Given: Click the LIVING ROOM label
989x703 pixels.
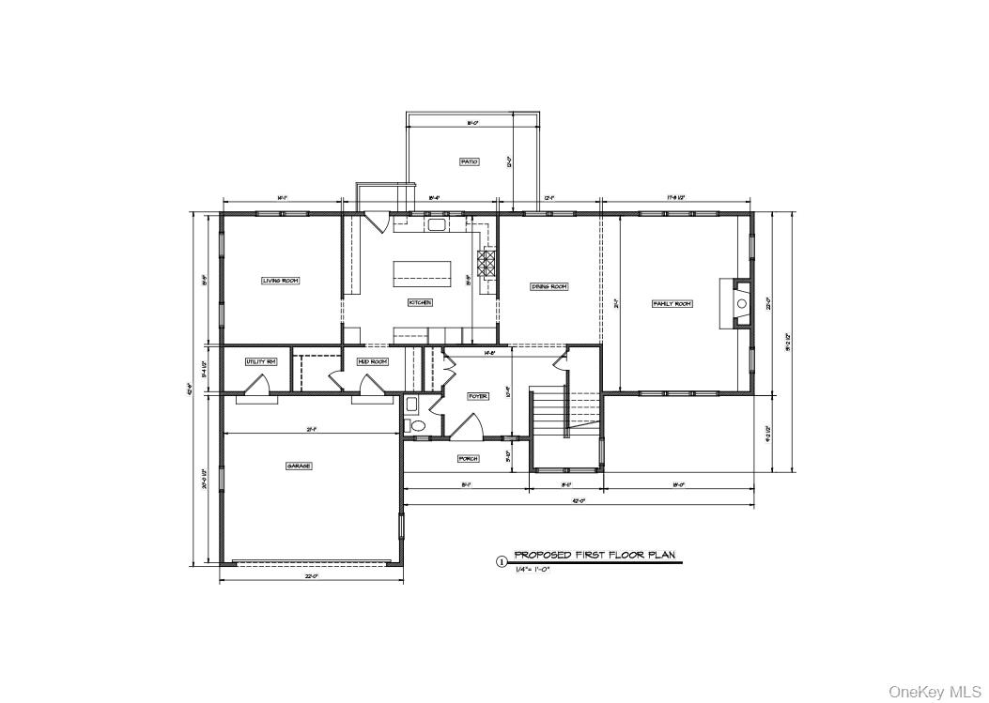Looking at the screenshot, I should click(x=280, y=281).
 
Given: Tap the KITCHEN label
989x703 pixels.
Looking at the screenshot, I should click(x=419, y=303).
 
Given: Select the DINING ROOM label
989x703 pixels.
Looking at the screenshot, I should click(x=549, y=287).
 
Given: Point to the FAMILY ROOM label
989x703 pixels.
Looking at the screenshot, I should click(x=672, y=304).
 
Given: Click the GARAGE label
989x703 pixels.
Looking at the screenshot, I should click(x=299, y=466).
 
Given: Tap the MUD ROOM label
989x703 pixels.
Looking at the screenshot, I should click(x=372, y=361).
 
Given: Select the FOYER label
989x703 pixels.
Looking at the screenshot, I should click(x=478, y=397).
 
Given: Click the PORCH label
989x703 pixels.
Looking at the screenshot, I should click(x=468, y=459).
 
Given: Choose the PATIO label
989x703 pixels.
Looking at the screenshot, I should click(x=469, y=161).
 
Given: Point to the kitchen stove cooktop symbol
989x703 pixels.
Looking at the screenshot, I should click(x=488, y=263).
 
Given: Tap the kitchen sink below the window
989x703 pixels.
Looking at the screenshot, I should click(x=437, y=224).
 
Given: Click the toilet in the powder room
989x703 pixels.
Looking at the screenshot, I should click(x=418, y=426).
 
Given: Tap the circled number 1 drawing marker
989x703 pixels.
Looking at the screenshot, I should click(x=501, y=561).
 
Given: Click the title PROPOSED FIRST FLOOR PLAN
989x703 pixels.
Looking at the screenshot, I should click(x=594, y=555).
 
